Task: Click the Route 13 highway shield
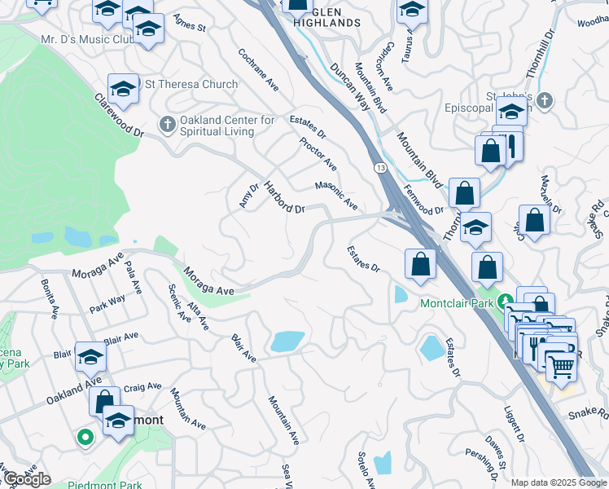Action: (x=380, y=167)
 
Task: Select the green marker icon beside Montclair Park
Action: (x=506, y=302)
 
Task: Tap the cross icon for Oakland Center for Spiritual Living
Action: (x=167, y=125)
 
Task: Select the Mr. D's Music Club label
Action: (x=87, y=38)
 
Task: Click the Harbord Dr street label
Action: (x=283, y=197)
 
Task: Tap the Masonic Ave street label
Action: (x=336, y=194)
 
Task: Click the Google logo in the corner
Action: (x=26, y=479)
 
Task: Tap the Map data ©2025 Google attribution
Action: (x=558, y=482)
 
